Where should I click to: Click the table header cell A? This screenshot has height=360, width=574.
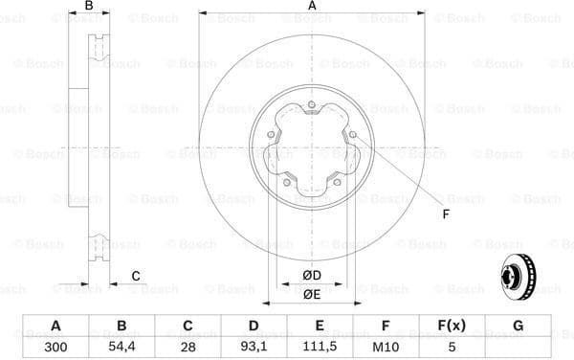[55, 326]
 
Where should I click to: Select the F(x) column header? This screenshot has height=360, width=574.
[452, 326]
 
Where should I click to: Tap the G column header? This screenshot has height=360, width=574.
[518, 326]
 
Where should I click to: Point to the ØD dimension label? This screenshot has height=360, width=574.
[312, 276]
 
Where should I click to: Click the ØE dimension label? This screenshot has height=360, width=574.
[312, 295]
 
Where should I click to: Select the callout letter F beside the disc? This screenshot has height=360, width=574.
[446, 214]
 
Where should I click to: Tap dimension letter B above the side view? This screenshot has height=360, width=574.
[89, 7]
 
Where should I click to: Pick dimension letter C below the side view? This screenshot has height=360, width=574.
[136, 277]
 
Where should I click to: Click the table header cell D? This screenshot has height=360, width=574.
[254, 326]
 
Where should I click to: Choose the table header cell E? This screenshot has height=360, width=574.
[320, 326]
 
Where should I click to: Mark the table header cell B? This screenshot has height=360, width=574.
[121, 326]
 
